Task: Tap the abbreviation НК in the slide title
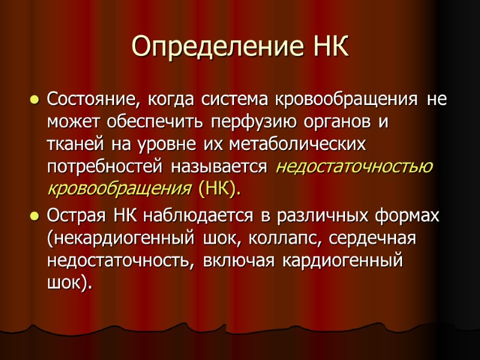tap(329, 46)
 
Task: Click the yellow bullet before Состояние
tap(34, 98)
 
